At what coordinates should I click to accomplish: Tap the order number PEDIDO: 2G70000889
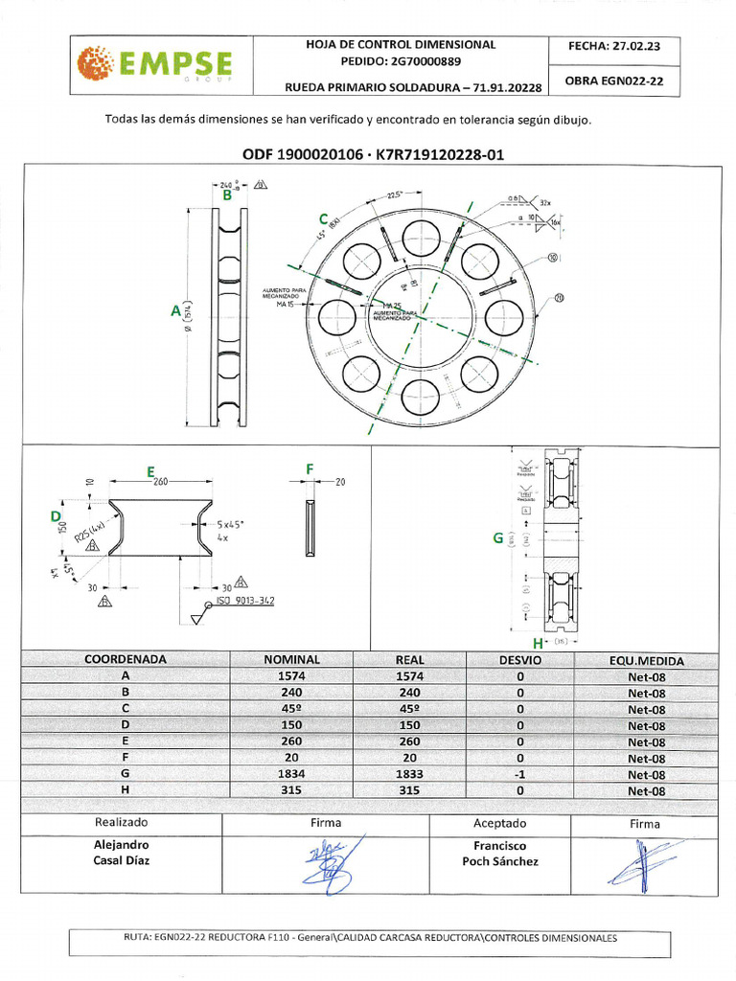coord(401,60)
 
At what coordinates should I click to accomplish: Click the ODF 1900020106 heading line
coord(374,153)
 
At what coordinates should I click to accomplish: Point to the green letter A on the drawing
coord(175,310)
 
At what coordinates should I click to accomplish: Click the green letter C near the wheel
coord(324,219)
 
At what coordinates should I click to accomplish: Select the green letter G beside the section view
coord(497,538)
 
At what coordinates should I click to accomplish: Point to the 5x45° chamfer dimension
coord(230,524)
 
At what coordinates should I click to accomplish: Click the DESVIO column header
coord(519,660)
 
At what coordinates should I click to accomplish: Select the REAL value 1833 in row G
coord(409,774)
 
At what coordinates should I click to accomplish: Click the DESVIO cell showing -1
coord(519,774)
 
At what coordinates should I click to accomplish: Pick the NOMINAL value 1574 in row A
coord(291,676)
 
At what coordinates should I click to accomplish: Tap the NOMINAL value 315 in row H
coord(291,791)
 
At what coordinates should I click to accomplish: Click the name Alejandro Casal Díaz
coord(121,853)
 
